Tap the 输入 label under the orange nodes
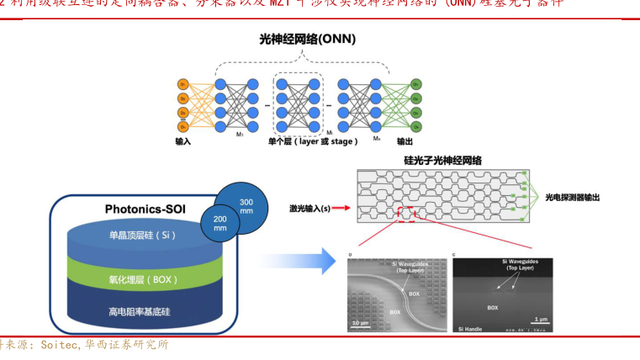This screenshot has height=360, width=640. pos(183,141)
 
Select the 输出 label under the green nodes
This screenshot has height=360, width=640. pos(405,141)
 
